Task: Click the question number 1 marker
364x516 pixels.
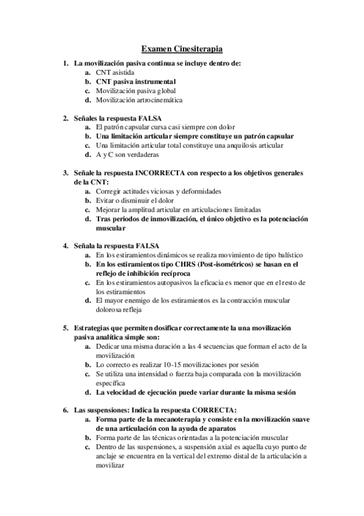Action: [x=65, y=63]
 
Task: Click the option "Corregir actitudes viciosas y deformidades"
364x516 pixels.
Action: [x=156, y=191]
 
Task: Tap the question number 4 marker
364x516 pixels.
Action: [x=65, y=246]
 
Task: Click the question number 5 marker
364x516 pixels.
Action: [x=65, y=328]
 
